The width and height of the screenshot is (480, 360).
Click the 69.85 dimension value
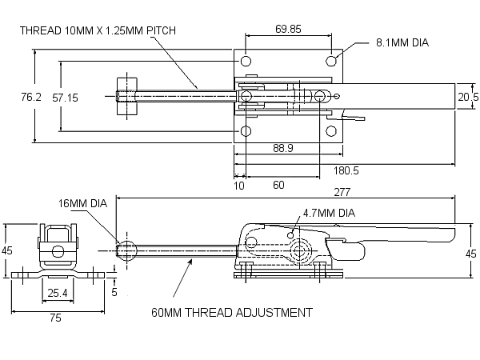pos(288,29)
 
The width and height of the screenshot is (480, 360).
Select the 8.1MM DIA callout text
pos(402,42)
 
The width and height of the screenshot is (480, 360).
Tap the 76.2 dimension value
pos(31,97)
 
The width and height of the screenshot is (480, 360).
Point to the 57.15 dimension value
pos(65,98)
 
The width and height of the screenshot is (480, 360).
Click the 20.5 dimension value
pos(468,97)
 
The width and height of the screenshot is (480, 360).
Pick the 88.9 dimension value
pos(283,148)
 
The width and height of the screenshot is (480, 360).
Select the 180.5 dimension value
pos(346,170)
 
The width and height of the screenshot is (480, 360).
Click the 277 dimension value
pos(342,192)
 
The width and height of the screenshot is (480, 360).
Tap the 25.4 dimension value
pos(58,293)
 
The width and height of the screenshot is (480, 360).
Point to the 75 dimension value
pos(55,318)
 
